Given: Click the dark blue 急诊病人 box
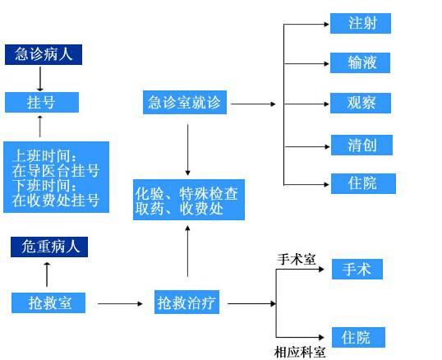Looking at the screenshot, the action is pos(44,54).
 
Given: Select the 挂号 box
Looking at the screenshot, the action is pos(42,102).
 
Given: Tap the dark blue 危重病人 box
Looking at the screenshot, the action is pos(49,247).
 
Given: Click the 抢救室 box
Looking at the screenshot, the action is pos(48,302).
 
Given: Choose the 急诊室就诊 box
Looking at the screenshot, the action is pos(185,103).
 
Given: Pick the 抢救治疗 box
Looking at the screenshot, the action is pos(186,302).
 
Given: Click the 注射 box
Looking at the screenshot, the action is pos(361,23).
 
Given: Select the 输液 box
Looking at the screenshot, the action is pos(360,62).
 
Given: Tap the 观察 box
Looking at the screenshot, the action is pos(361,103).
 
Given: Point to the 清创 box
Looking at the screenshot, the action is pos(361,145).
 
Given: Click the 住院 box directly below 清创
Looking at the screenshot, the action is pos(363,183).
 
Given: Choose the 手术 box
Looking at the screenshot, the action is pos(357,270).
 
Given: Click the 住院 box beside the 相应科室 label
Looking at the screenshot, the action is pos(358,338).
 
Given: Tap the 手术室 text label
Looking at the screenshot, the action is pos(297,259).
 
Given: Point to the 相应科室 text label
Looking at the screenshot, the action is pos(300,353).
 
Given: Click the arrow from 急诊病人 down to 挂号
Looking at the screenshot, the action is pos(40,79).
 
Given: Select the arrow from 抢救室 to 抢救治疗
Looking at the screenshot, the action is pos(120,303).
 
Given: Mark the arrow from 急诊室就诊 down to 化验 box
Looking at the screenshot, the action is pos(188,150).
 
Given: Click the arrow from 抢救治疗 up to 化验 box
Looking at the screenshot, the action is pos(188,252).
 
